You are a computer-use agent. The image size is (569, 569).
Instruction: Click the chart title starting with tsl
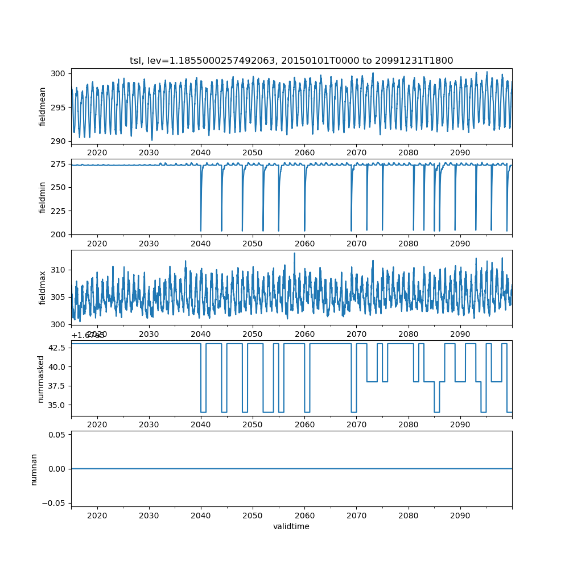[291, 61]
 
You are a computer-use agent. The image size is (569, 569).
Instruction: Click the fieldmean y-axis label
[43, 107]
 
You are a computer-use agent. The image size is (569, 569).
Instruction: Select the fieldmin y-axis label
[43, 197]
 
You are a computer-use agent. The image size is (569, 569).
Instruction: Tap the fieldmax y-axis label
[43, 287]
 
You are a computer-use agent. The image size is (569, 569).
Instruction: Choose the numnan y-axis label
[34, 469]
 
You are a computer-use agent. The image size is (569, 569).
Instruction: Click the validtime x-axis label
[291, 527]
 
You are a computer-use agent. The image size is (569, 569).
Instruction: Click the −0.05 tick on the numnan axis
[56, 503]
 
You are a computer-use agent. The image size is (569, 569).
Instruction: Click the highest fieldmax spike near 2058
[294, 254]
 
